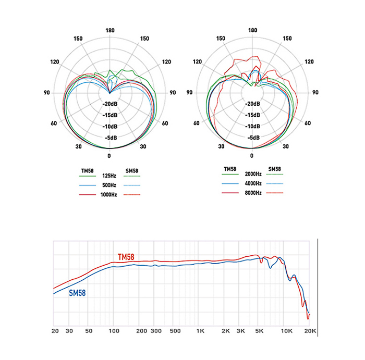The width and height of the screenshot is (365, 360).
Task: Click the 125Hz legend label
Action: pyautogui.click(x=109, y=176)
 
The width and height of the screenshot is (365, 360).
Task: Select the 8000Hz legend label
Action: pyautogui.click(x=252, y=193)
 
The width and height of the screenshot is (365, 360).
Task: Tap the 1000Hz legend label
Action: pyautogui.click(x=109, y=195)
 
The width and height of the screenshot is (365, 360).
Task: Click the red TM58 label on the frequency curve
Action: pyautogui.click(x=126, y=257)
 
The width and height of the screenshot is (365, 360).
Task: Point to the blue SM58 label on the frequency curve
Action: pyautogui.click(x=77, y=293)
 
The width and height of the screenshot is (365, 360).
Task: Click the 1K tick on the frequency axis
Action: pyautogui.click(x=200, y=331)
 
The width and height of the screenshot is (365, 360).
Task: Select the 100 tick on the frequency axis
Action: pyautogui.click(x=113, y=331)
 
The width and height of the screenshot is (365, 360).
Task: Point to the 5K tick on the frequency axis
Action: pyautogui.click(x=259, y=331)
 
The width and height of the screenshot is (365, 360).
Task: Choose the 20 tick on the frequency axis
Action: pyautogui.click(x=55, y=331)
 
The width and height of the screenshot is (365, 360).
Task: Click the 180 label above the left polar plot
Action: pyautogui.click(x=110, y=30)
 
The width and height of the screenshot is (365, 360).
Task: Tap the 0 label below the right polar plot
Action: pyautogui.click(x=252, y=156)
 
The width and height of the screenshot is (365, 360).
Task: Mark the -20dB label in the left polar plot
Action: pyautogui.click(x=110, y=103)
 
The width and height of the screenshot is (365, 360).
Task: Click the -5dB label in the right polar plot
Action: pyautogui.click(x=252, y=138)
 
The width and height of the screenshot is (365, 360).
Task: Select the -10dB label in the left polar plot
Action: pyautogui.click(x=110, y=127)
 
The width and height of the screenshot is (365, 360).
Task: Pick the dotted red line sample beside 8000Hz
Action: pyautogui.click(x=274, y=193)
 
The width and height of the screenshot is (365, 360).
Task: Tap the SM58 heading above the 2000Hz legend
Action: pyautogui.click(x=274, y=169)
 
